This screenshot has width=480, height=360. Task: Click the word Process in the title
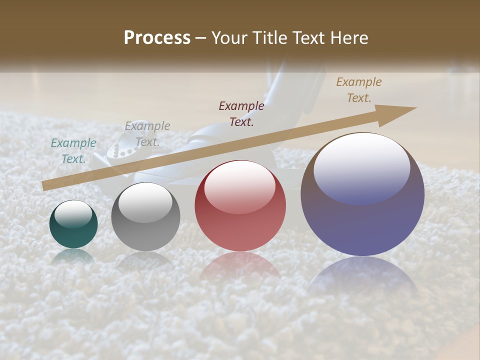pyautogui.click(x=157, y=38)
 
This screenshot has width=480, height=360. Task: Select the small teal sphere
pyautogui.click(x=73, y=224)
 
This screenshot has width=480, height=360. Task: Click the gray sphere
pyautogui.click(x=145, y=217)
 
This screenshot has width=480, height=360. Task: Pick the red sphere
pyautogui.click(x=240, y=206)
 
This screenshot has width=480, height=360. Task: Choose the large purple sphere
pyautogui.click(x=362, y=194)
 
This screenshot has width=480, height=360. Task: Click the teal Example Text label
pyautogui.click(x=73, y=151)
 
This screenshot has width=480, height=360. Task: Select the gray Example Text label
pyautogui.click(x=147, y=133)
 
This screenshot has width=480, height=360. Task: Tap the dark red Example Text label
pyautogui.click(x=241, y=113)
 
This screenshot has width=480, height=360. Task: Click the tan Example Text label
pyautogui.click(x=359, y=90)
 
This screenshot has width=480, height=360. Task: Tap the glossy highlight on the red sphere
pyautogui.click(x=239, y=186)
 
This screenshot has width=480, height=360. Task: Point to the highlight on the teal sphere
pyautogui.click(x=73, y=214)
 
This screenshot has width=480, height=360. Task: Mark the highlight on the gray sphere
pyautogui.click(x=145, y=202)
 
